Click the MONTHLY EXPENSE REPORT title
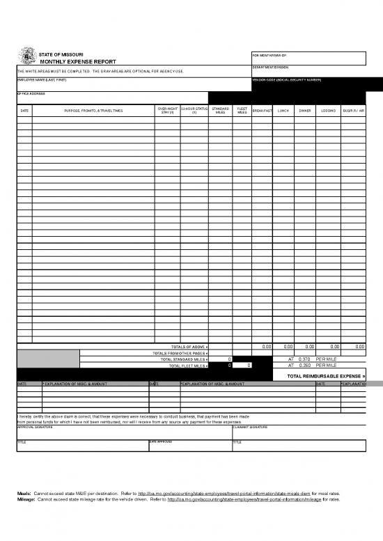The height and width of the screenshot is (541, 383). (x=68, y=62)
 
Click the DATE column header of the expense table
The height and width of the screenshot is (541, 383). (x=24, y=111)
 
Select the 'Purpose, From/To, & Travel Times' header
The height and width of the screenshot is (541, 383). (x=93, y=111)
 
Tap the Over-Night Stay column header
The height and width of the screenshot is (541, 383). (x=167, y=110)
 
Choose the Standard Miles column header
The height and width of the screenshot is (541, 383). (x=220, y=110)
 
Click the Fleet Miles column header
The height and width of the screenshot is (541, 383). (x=242, y=110)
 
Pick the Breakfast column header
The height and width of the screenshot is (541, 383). (x=262, y=111)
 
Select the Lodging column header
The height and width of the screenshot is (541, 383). (x=328, y=111)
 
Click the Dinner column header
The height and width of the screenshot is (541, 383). (x=305, y=111)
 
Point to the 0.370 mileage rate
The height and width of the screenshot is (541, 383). (x=304, y=359)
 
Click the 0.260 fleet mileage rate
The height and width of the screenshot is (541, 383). (x=304, y=365)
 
